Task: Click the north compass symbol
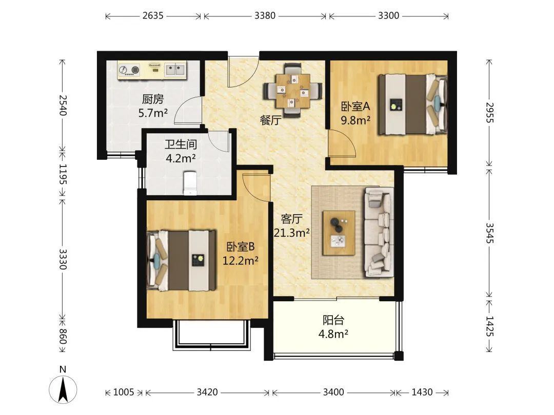click(x=63, y=389)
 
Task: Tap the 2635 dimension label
click(x=153, y=15)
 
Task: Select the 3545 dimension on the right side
click(x=489, y=233)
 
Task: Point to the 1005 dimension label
click(x=123, y=392)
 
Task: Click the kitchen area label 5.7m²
click(x=153, y=113)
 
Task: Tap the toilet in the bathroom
click(x=190, y=183)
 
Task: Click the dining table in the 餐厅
click(x=292, y=91)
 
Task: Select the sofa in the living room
click(x=379, y=232)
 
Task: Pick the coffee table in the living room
click(x=339, y=233)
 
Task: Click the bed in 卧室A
click(x=412, y=105)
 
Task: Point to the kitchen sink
click(x=175, y=70)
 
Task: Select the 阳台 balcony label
click(x=333, y=320)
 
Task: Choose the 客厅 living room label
click(x=292, y=219)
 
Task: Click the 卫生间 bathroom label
click(x=181, y=144)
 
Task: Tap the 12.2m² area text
click(x=240, y=261)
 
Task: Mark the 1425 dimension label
click(x=489, y=326)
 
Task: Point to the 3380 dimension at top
click(x=265, y=15)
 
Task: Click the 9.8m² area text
click(x=355, y=120)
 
